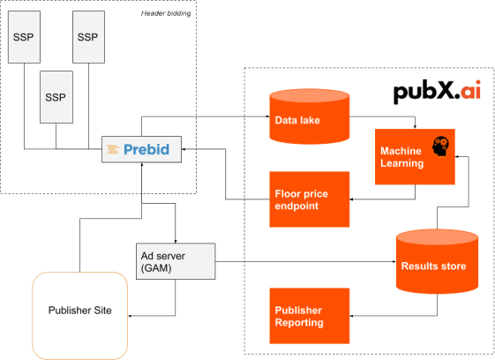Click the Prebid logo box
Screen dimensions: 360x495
click(x=141, y=149)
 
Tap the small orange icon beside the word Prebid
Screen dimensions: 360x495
click(x=113, y=150)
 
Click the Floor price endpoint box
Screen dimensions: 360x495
click(x=310, y=200)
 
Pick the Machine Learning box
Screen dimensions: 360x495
click(x=415, y=156)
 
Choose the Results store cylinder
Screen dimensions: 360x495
click(x=437, y=262)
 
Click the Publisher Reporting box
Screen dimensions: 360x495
click(x=310, y=315)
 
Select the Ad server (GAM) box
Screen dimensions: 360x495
click(x=176, y=261)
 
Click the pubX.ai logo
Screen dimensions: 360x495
click(x=438, y=92)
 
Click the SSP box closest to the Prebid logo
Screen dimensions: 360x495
click(x=56, y=97)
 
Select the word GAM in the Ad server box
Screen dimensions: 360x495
click(x=159, y=268)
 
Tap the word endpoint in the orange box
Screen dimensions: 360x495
click(x=296, y=206)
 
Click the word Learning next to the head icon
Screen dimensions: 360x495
click(x=402, y=163)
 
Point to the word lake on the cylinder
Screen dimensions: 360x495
click(x=309, y=120)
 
